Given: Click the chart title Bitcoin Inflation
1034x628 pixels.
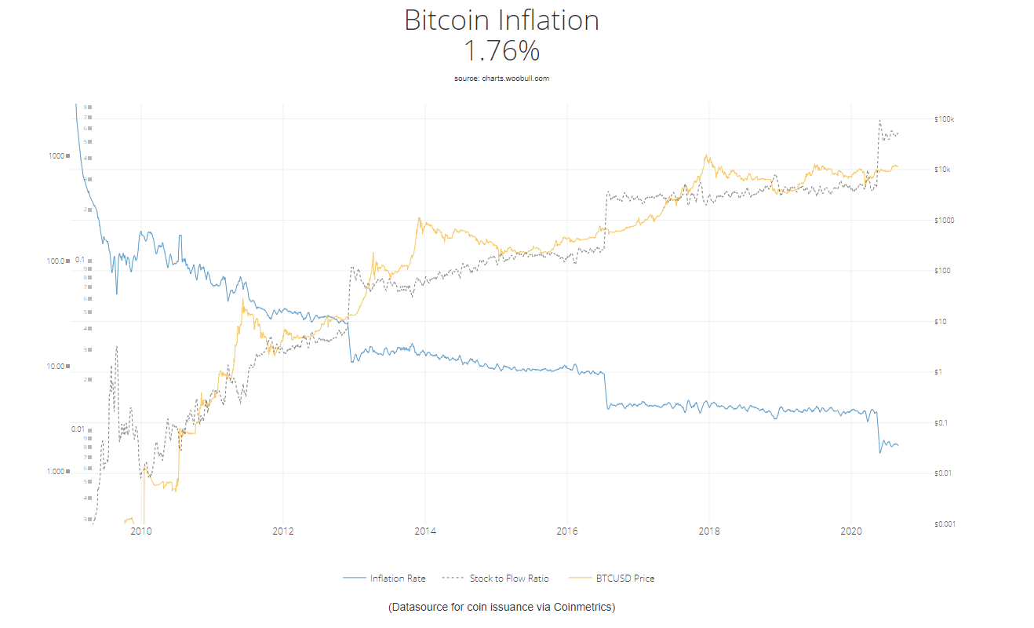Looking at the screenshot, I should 501,20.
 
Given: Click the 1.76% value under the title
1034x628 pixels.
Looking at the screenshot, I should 501,51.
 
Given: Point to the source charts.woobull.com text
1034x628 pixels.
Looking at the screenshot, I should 501,78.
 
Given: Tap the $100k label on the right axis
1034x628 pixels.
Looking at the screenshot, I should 944,119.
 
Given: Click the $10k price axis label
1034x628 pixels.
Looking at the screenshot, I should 942,170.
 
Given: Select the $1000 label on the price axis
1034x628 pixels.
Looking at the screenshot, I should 944,221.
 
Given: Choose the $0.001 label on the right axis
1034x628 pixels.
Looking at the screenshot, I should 945,524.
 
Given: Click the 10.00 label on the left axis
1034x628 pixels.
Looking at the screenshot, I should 55,367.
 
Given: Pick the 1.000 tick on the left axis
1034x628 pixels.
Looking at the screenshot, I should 55,472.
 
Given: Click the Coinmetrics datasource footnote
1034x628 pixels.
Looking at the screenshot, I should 501,608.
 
